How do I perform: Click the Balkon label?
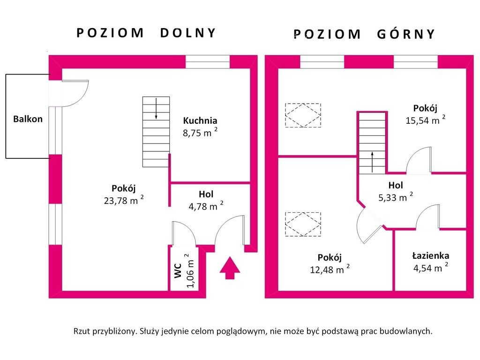coord(28,119)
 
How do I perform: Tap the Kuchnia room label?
coord(200,120)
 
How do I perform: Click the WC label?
coord(178,271)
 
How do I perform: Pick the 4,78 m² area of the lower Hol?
coord(203,206)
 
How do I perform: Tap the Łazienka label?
coord(430,256)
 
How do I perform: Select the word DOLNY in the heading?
coord(187,33)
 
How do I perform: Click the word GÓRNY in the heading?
coord(405,34)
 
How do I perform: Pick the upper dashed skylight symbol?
coord(303,115)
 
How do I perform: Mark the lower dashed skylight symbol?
coord(303,224)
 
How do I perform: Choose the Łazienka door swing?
coord(427,217)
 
